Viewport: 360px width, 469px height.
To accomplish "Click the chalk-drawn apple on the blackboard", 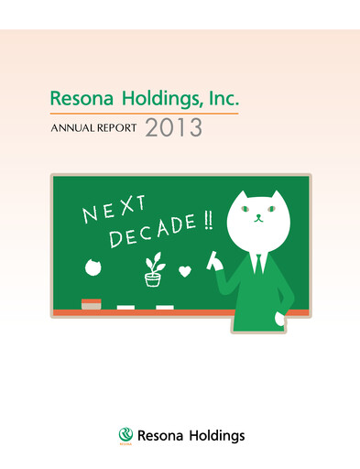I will [x=92, y=267].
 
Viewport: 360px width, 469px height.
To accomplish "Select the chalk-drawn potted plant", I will [x=153, y=266].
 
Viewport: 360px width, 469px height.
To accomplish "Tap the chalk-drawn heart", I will [x=185, y=272].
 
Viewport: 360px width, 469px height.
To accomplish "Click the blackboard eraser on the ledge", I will [x=92, y=303].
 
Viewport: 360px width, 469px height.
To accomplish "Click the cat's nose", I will [x=257, y=218].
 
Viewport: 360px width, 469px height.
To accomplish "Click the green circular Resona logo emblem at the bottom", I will [x=125, y=435].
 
